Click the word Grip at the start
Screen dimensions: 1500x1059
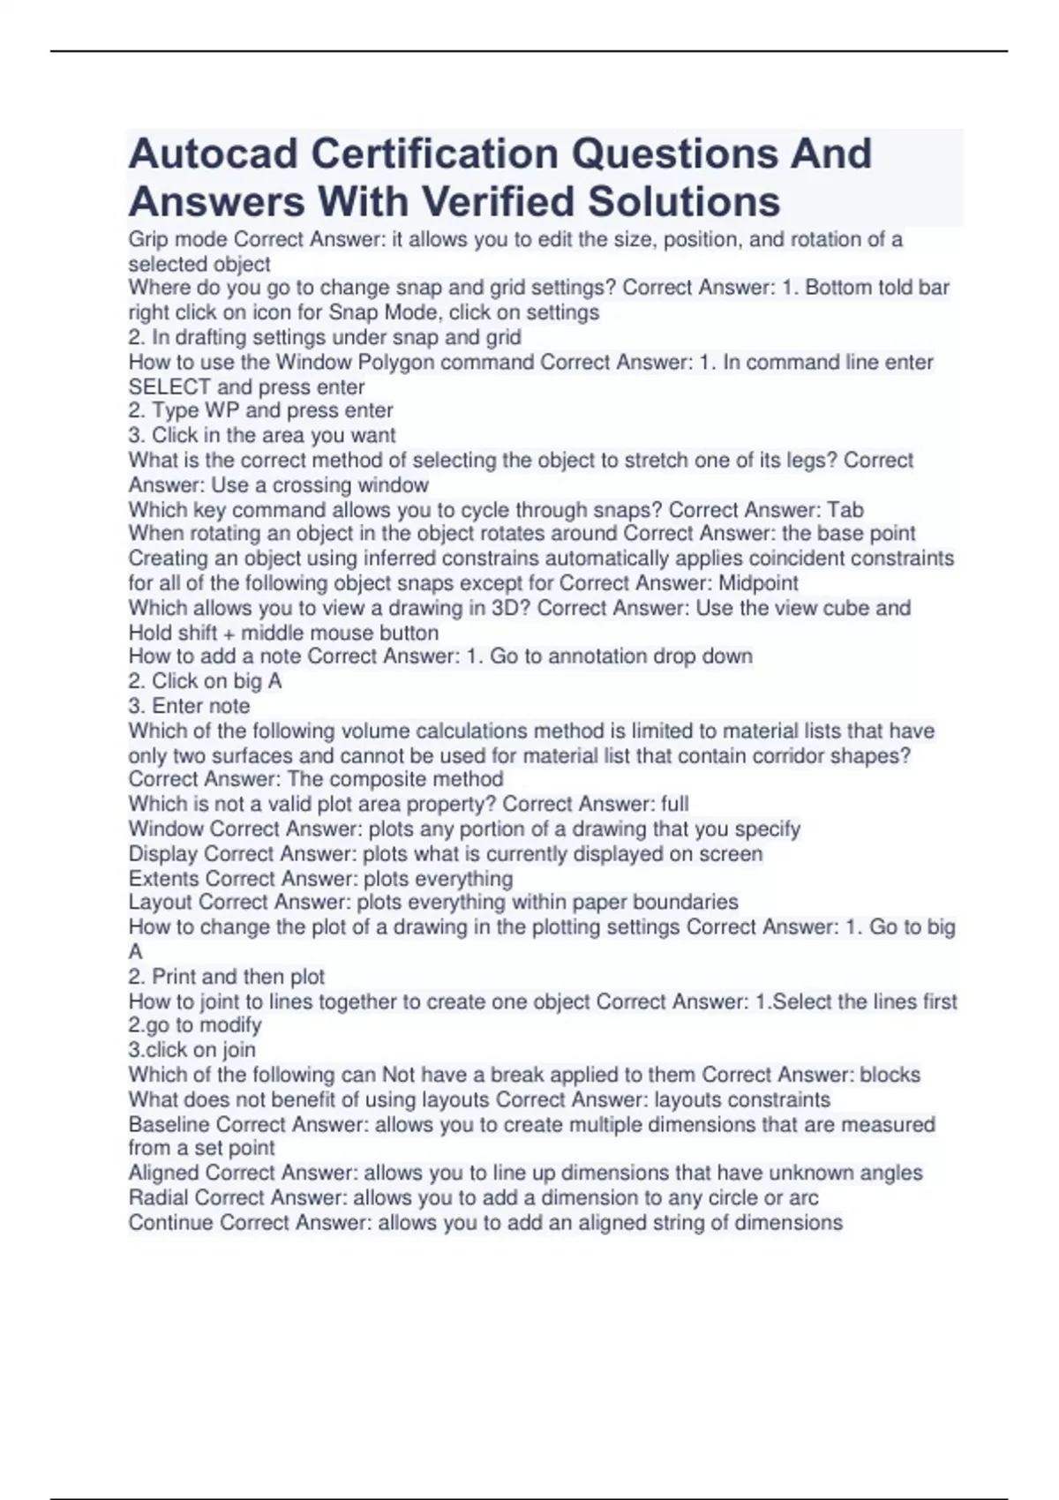(146, 240)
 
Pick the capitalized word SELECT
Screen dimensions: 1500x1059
(169, 387)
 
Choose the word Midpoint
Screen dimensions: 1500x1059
(758, 583)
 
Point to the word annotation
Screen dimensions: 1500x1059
(596, 656)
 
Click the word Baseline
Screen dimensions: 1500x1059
(169, 1124)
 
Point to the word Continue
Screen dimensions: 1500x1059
(170, 1222)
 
